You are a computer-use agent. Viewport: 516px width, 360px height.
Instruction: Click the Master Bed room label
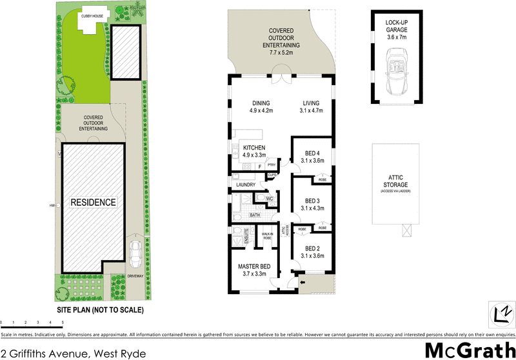tap(253, 266)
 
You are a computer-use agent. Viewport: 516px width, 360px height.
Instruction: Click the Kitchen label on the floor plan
tap(255, 148)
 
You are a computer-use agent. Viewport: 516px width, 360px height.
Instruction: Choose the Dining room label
tap(261, 103)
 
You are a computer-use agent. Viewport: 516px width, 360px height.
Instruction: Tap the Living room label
tap(312, 103)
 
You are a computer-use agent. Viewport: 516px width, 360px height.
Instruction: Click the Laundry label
tap(246, 185)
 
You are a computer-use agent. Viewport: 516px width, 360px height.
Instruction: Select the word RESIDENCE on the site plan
tap(94, 203)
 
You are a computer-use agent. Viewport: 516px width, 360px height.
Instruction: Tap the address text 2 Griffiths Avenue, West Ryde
tap(69, 352)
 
